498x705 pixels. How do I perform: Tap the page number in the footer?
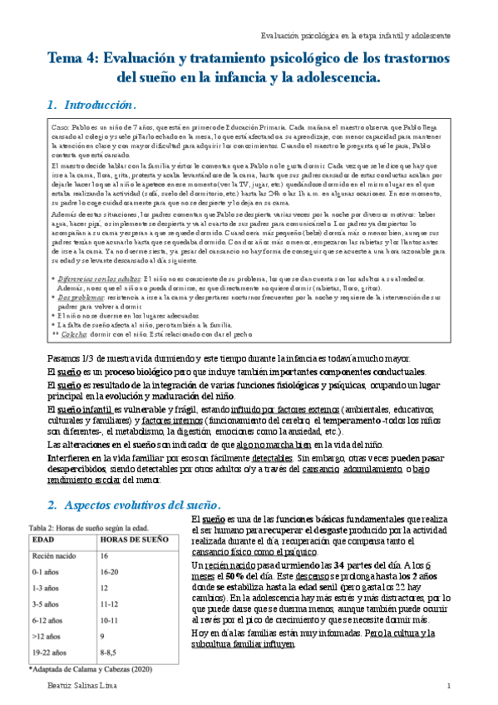(447, 685)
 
